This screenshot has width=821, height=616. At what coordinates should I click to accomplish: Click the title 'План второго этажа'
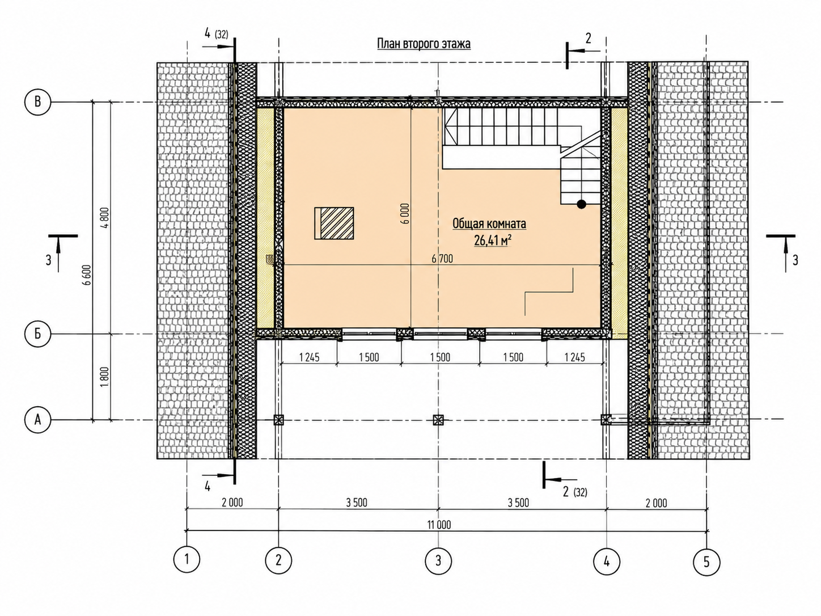(x=424, y=44)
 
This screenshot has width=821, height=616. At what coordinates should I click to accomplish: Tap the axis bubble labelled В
(x=37, y=102)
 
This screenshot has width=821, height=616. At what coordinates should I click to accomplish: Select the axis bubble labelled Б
(x=37, y=334)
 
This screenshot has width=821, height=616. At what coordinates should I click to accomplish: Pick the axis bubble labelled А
(x=37, y=420)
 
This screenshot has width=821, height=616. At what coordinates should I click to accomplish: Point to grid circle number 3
(x=438, y=561)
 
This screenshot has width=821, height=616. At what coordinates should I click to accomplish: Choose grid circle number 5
(x=706, y=561)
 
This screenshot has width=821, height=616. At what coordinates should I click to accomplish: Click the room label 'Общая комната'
(x=489, y=223)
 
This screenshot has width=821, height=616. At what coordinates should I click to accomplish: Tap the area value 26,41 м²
(x=493, y=241)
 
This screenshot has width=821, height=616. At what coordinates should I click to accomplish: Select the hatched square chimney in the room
(x=334, y=223)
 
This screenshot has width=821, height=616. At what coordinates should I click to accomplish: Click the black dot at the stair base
(x=581, y=204)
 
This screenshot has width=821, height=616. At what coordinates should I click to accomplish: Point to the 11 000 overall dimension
(x=439, y=525)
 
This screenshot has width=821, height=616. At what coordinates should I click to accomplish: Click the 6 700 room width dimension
(x=442, y=259)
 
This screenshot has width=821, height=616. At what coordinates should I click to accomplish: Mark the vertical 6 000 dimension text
(x=406, y=214)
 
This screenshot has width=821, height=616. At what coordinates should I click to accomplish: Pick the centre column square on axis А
(x=438, y=420)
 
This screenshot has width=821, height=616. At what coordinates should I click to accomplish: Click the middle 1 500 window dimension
(x=440, y=357)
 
